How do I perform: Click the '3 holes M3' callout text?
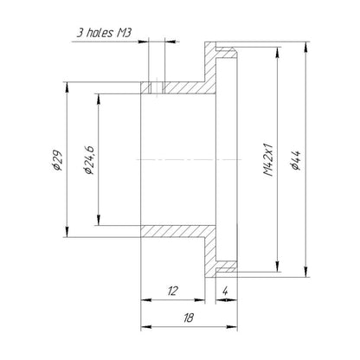(104, 33)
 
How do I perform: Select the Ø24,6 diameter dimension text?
(88, 160)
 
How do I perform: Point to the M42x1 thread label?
(268, 159)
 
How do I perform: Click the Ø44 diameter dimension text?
(296, 160)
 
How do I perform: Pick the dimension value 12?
(172, 291)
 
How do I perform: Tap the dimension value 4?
(225, 291)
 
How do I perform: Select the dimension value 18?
(189, 318)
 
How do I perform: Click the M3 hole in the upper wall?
(157, 88)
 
